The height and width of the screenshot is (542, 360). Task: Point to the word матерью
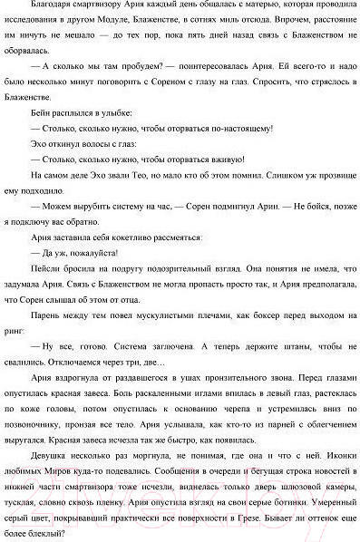(x=240, y=8)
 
